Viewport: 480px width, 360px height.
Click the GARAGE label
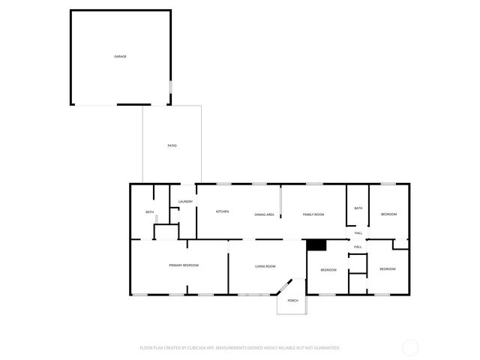click(x=120, y=57)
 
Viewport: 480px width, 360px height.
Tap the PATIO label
click(x=172, y=145)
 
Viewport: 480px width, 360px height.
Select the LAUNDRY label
click(x=186, y=202)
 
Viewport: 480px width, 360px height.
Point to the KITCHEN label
click(x=223, y=211)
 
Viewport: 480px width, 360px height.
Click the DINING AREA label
click(x=264, y=214)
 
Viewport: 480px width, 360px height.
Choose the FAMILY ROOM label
click(x=313, y=214)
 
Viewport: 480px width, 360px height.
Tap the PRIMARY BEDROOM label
click(x=184, y=265)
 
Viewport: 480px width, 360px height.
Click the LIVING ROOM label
click(x=265, y=266)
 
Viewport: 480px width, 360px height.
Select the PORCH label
click(x=292, y=301)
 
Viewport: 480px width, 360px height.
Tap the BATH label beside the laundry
click(x=150, y=212)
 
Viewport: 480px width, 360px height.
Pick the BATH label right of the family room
click(x=358, y=208)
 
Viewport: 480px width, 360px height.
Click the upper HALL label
click(x=358, y=232)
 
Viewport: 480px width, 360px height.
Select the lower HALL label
click(x=358, y=247)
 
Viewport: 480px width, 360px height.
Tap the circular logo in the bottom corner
click(x=410, y=348)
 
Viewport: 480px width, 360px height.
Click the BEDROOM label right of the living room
click(x=328, y=269)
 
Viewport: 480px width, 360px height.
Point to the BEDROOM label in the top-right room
click(x=388, y=214)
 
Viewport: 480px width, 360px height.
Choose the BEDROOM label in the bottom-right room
click(x=387, y=269)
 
